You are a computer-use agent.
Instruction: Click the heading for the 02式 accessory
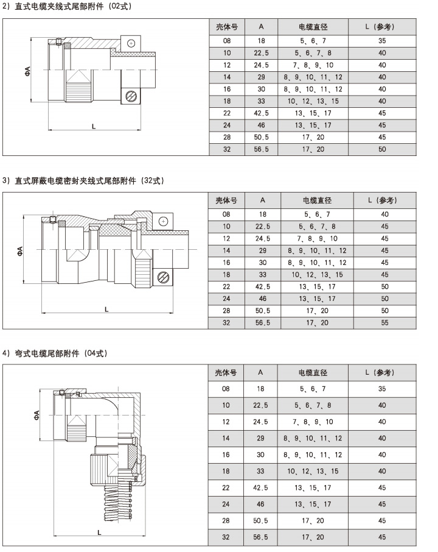(67, 6)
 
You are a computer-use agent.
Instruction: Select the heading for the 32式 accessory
(83, 180)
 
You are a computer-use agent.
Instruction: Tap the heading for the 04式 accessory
(55, 353)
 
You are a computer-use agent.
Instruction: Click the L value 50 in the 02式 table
(382, 149)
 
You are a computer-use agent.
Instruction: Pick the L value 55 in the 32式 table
(385, 323)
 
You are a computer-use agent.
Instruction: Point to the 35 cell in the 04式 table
(382, 389)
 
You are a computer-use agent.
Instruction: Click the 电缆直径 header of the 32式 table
(317, 200)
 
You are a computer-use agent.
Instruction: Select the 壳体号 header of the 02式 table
(227, 27)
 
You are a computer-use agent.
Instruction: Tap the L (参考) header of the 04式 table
(380, 372)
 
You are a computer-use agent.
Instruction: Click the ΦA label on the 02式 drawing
(27, 71)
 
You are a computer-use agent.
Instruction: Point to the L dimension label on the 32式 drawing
(106, 310)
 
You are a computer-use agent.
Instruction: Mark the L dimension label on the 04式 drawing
(99, 533)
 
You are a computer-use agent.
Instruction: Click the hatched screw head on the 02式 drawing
(130, 96)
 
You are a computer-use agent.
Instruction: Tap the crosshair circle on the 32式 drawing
(163, 221)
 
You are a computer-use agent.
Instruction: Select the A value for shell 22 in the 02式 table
(261, 113)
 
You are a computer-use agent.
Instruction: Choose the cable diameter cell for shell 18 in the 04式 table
(313, 472)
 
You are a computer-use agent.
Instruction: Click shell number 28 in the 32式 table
(226, 311)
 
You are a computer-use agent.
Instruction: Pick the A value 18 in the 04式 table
(260, 389)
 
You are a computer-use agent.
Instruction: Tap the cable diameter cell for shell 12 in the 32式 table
(317, 239)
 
